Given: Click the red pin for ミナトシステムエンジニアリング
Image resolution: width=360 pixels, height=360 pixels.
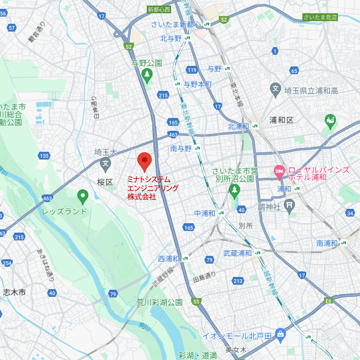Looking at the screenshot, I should [145, 161].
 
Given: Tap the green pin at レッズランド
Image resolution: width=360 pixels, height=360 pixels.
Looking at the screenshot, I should [83, 196].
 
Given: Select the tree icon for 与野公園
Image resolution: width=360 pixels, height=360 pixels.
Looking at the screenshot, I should [147, 76].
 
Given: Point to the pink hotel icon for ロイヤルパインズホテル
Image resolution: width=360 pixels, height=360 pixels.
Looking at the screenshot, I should [279, 172].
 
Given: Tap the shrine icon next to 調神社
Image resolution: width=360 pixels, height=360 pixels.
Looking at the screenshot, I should [289, 206].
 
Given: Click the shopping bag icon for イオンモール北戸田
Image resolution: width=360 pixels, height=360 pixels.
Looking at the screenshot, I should [280, 335].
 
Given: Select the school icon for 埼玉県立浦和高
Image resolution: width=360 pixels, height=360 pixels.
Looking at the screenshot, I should [275, 89].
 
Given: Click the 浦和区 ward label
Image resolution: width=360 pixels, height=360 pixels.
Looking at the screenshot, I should [281, 120].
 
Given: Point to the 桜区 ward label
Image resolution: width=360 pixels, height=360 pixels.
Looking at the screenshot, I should [105, 182].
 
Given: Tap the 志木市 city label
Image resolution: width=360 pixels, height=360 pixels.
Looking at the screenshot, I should [14, 292].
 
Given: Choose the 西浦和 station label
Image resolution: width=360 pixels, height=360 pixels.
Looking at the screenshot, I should [169, 259].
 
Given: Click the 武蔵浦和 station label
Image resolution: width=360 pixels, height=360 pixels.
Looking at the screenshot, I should [238, 253].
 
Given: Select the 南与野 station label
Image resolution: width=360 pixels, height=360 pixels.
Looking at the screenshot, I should [181, 148].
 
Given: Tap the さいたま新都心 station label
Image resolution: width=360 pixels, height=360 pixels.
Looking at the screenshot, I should [176, 24].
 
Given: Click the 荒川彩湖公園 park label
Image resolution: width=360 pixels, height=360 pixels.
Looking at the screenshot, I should [159, 302].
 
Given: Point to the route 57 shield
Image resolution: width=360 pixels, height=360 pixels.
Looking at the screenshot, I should [12, 28].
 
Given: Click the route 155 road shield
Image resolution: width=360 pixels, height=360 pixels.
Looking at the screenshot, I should [44, 156].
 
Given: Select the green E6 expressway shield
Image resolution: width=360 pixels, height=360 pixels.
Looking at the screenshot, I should [328, 300].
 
